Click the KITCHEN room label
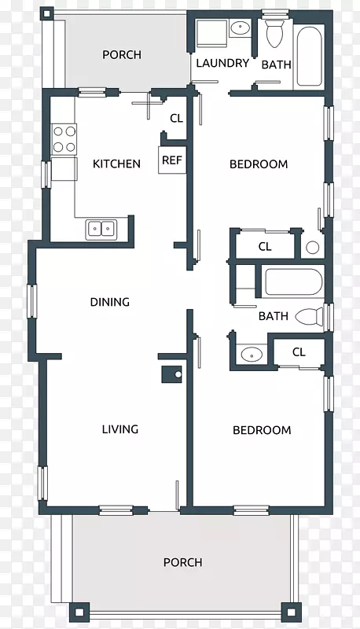click(x=116, y=164)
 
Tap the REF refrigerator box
click(x=172, y=160)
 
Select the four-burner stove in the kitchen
click(x=64, y=140)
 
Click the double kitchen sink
click(x=101, y=229)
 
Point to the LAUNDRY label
click(x=222, y=63)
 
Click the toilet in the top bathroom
click(x=274, y=31)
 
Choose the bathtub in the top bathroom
click(x=310, y=56)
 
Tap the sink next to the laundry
click(x=241, y=28)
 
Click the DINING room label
click(x=110, y=302)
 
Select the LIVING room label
click(x=120, y=429)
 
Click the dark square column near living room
click(x=171, y=374)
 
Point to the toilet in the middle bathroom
click(x=310, y=317)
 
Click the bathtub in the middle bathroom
click(x=294, y=282)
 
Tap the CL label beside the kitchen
click(x=176, y=119)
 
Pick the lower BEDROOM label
click(x=262, y=430)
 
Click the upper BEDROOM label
click(x=259, y=164)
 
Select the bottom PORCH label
click(x=183, y=562)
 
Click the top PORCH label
click(x=122, y=54)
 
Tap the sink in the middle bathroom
click(x=252, y=355)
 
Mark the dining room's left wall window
click(x=32, y=301)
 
